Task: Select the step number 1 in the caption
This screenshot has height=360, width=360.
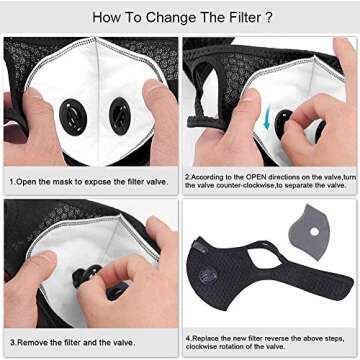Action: point(11,183)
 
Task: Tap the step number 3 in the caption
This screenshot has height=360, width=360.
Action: point(11,343)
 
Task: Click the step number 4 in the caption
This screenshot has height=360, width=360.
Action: point(187,337)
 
